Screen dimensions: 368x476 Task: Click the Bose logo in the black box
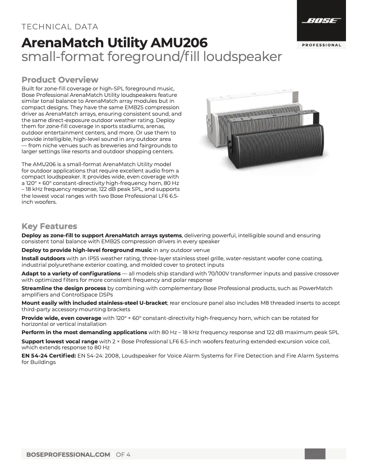321,21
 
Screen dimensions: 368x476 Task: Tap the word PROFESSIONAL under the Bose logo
321,45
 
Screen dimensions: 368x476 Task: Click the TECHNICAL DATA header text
60,27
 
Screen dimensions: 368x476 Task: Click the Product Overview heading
60,80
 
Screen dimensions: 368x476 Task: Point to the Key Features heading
49,226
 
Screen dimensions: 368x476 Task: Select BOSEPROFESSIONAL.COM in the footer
68,454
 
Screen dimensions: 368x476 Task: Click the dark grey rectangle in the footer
315,454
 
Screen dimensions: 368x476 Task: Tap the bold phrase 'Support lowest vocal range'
60,342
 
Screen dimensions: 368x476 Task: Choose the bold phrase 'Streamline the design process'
64,288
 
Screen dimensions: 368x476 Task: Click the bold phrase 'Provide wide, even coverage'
61,318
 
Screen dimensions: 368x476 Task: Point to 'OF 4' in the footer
123,454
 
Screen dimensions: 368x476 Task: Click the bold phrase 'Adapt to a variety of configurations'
71,274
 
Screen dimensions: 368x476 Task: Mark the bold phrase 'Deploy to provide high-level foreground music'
87,250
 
